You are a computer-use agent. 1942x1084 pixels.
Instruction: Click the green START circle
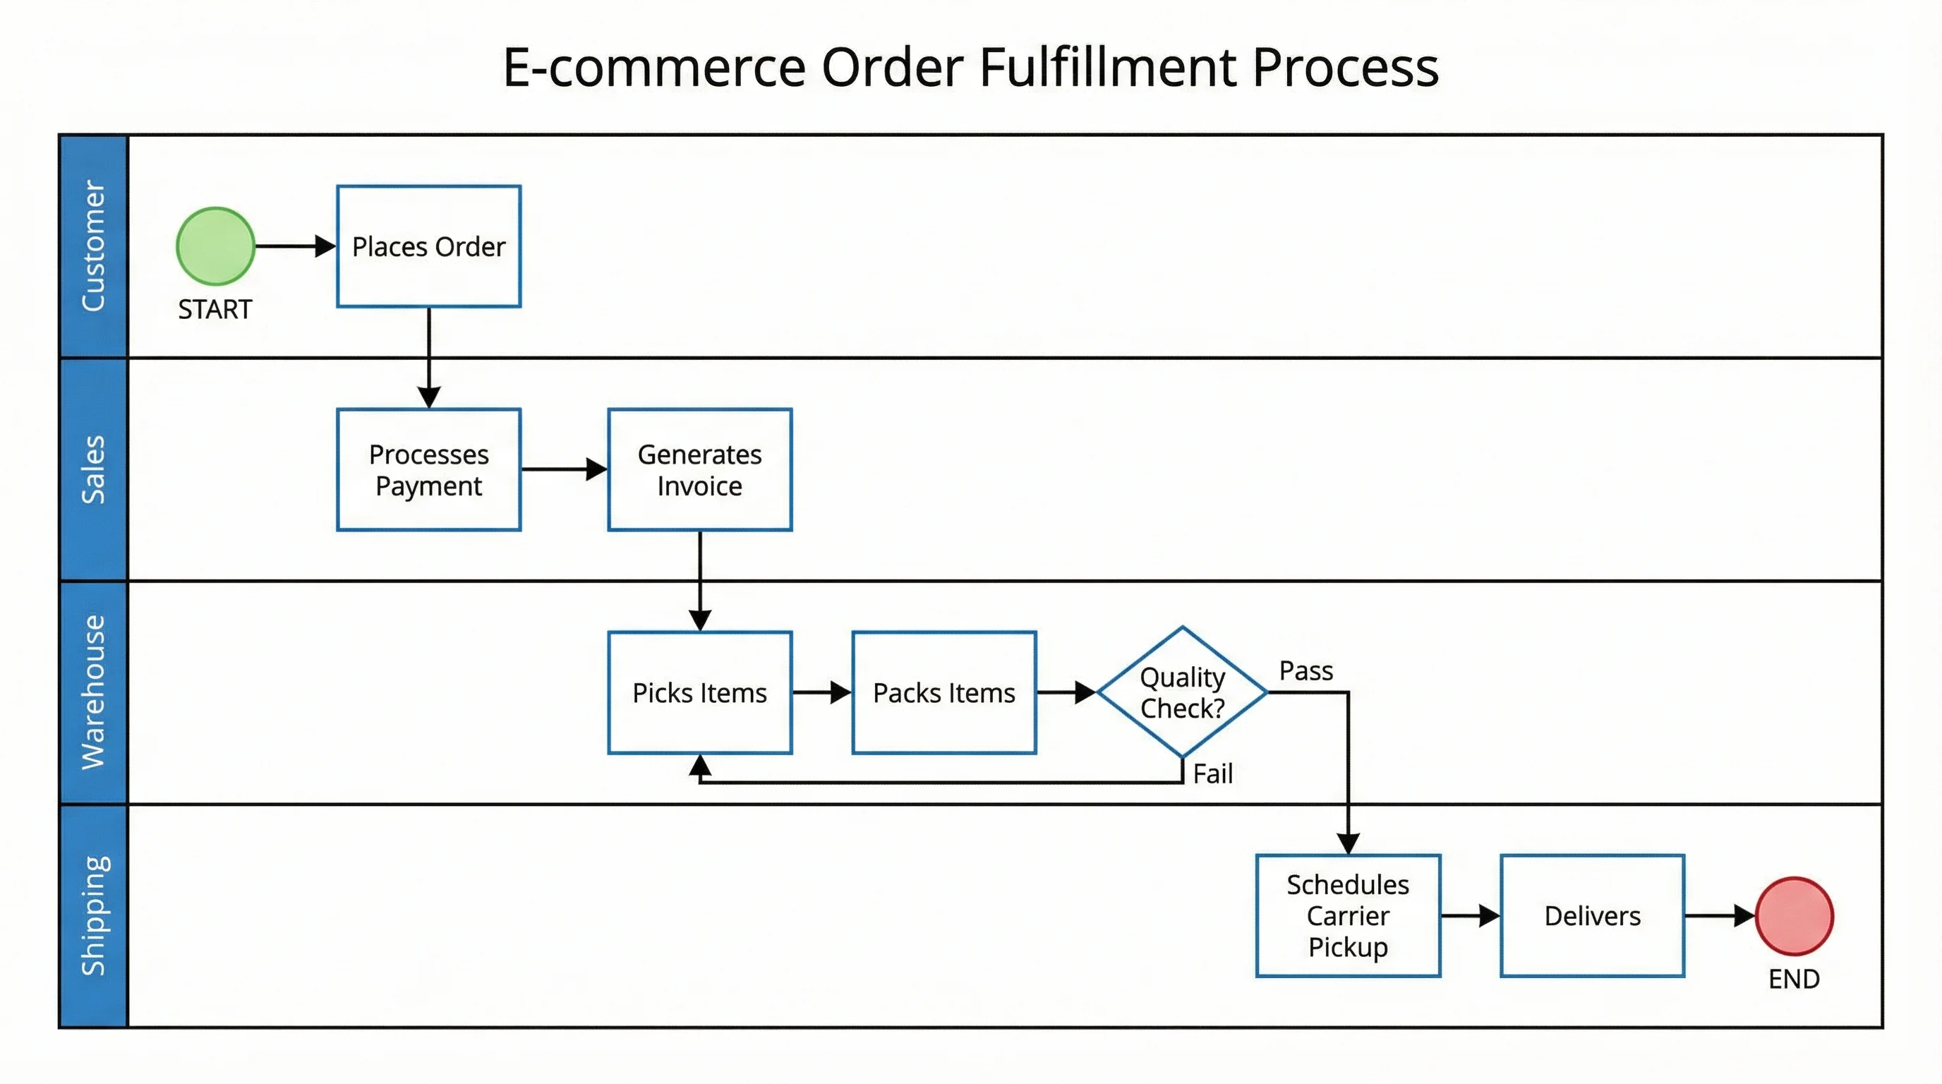pos(216,246)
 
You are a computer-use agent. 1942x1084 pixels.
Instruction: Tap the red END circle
pos(1795,916)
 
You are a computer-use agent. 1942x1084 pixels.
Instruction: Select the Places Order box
pos(428,246)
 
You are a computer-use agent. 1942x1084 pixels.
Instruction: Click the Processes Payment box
pos(428,469)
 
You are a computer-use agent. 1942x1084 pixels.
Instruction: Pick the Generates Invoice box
pos(699,469)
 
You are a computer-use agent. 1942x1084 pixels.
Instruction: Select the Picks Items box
pos(699,693)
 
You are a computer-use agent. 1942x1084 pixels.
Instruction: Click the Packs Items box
pos(944,693)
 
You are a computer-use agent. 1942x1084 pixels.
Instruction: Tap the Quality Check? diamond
pos(1182,692)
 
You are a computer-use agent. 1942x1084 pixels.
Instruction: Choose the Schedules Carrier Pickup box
pos(1348,916)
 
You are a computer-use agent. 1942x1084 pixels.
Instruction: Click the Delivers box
pos(1592,916)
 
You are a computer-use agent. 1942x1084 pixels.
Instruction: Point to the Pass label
pos(1305,671)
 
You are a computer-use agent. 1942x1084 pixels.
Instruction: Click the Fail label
pos(1212,774)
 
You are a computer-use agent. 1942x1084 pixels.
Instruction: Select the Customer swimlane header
pos(93,246)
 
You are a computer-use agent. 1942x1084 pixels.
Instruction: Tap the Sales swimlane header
pos(93,469)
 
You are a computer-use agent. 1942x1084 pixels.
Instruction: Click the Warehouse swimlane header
pos(93,692)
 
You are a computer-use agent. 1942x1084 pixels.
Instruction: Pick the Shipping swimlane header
pos(93,915)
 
